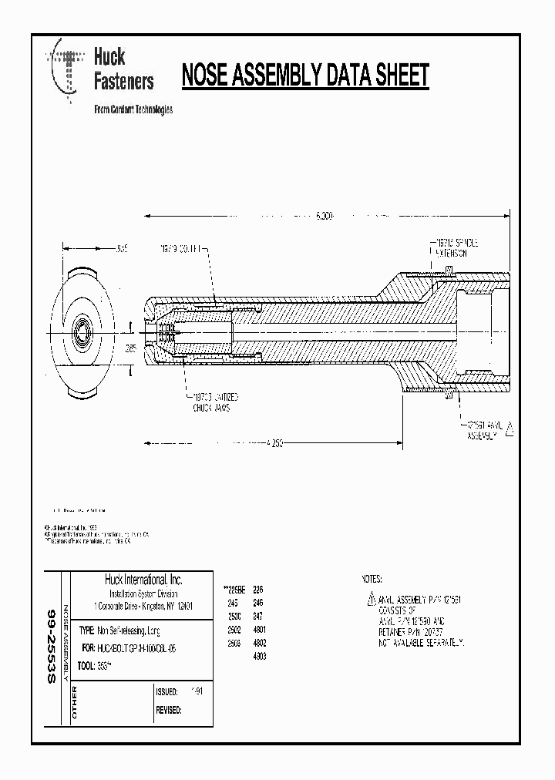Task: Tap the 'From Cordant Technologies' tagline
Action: tap(133, 109)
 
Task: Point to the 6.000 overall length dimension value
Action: tap(325, 217)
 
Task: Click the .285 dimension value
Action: tap(130, 348)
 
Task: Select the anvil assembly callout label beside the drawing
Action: tap(484, 429)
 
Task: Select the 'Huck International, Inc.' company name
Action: tap(143, 580)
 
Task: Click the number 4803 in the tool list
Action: tap(260, 656)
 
